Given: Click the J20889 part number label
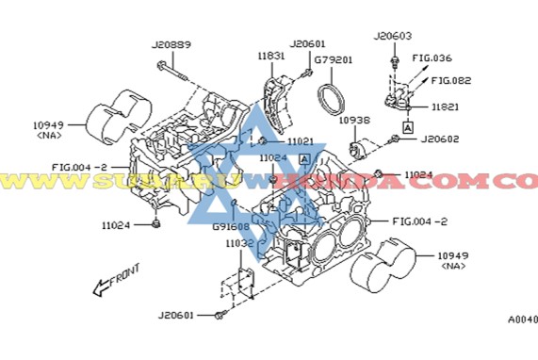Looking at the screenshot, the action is tap(171, 44).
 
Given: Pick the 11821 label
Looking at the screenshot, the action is tap(446, 107).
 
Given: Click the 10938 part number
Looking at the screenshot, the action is tap(353, 121).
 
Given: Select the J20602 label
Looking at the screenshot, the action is tap(439, 139).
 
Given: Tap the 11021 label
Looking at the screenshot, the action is tap(300, 141).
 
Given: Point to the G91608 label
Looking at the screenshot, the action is tap(230, 226).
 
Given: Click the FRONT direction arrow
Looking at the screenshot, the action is tap(115, 281).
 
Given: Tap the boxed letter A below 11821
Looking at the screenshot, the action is tap(407, 125).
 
